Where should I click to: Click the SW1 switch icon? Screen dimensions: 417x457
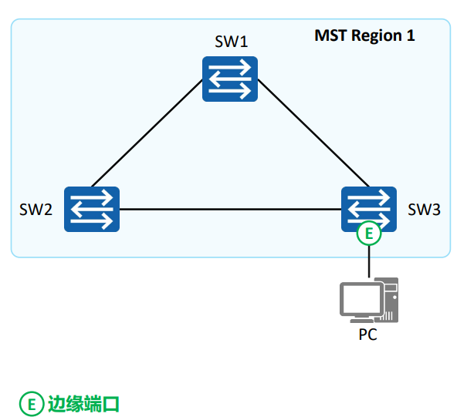tap(230, 78)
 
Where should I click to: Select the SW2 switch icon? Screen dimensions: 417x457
tap(92, 209)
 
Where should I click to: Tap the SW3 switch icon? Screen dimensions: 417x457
tap(368, 208)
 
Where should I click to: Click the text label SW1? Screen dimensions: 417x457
tap(231, 41)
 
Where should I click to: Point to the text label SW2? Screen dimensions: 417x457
tap(36, 210)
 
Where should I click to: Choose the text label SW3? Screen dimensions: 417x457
tap(424, 210)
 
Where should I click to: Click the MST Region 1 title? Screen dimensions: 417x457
tap(364, 35)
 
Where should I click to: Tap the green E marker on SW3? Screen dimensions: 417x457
tap(369, 234)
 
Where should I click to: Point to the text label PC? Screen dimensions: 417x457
tap(368, 335)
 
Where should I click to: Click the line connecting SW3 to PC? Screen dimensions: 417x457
tap(369, 262)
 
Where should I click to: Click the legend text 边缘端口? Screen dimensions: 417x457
tap(83, 402)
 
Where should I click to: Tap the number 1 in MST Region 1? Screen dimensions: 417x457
tap(410, 35)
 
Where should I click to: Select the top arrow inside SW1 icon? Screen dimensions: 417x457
tap(230, 69)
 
